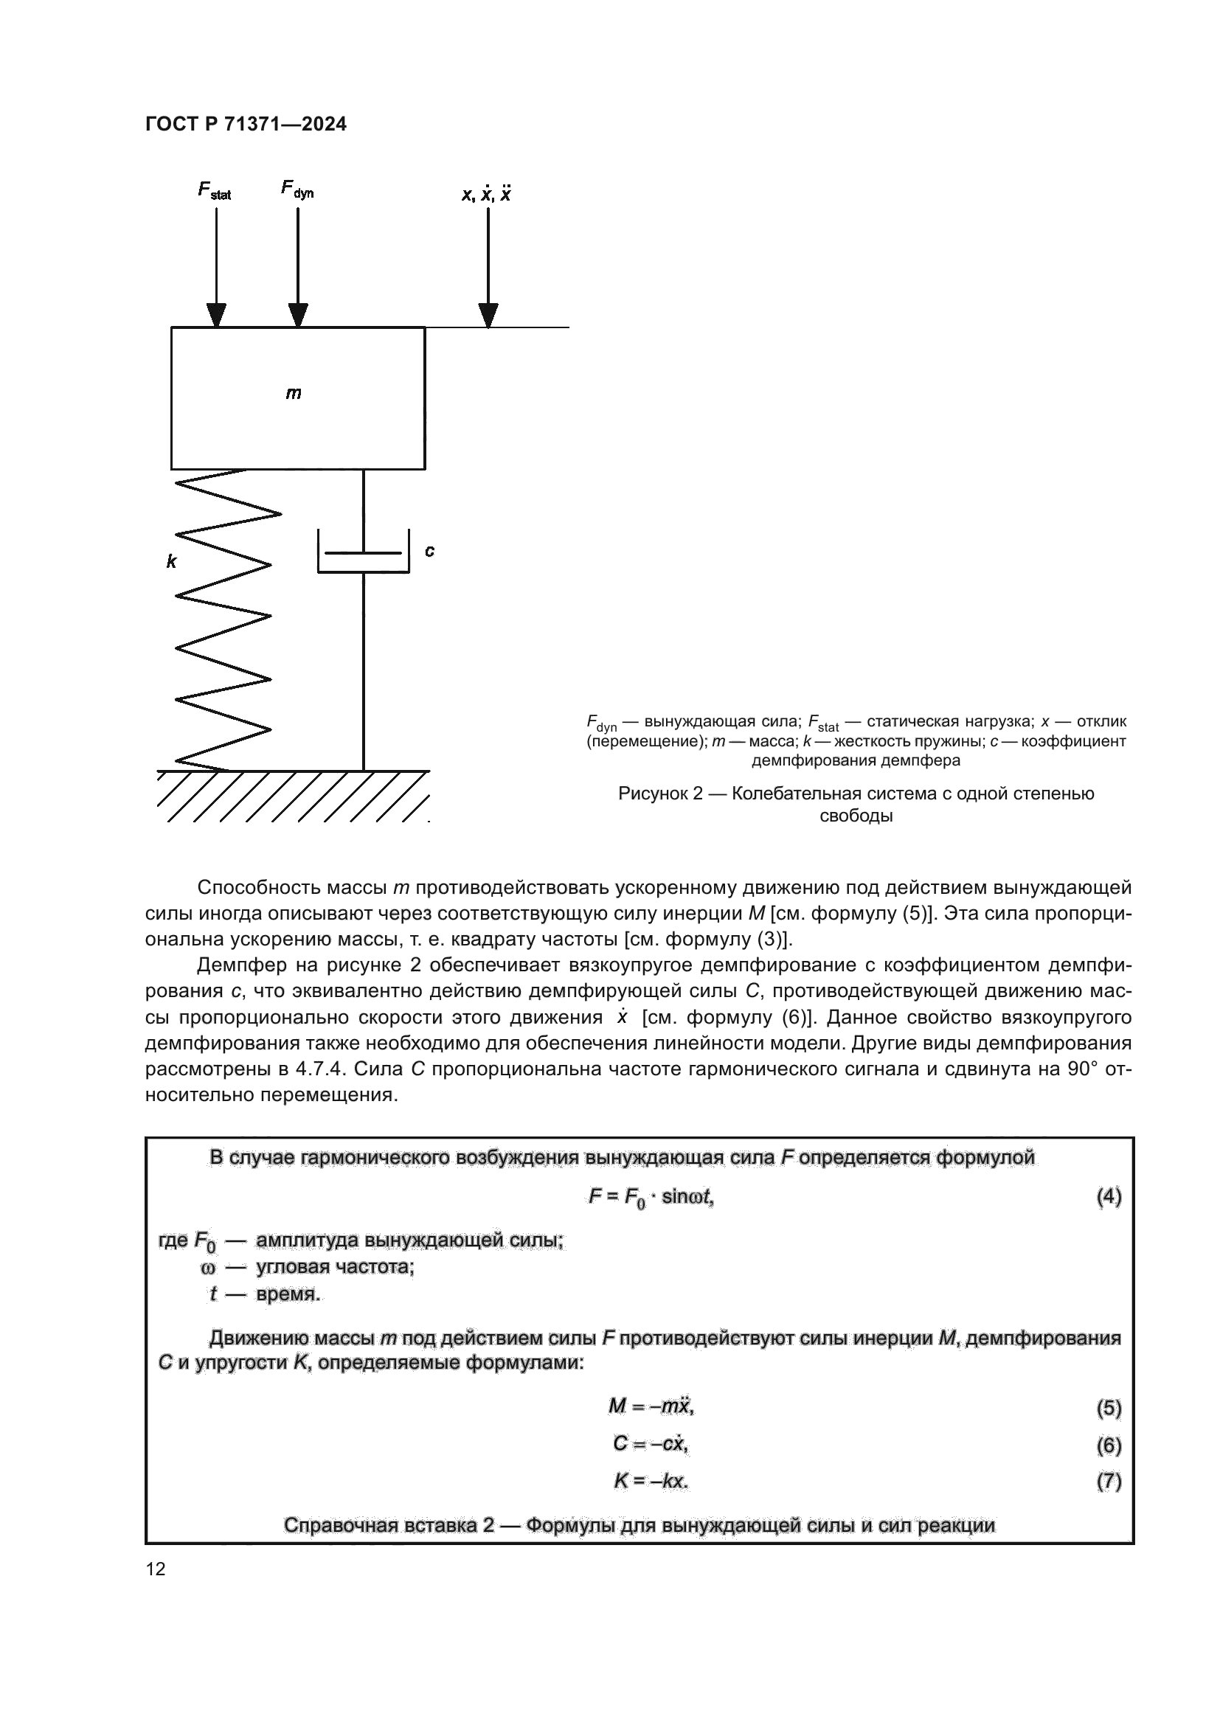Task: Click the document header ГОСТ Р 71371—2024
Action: tap(246, 125)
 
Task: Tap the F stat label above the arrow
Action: tap(214, 191)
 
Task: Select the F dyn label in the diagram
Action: tap(297, 190)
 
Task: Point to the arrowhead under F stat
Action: tap(216, 316)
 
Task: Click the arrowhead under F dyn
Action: tap(298, 316)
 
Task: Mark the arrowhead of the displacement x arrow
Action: tap(488, 316)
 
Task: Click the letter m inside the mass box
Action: tap(294, 393)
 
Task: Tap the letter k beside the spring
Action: tap(171, 561)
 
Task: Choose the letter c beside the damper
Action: tap(430, 551)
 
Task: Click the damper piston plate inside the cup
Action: tap(364, 554)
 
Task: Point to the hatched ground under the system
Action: tap(293, 796)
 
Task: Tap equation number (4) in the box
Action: tap(1109, 1197)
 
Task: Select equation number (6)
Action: tap(1109, 1445)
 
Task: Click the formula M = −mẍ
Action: tap(651, 1406)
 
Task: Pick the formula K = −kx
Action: tap(651, 1481)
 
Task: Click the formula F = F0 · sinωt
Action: tap(651, 1198)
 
